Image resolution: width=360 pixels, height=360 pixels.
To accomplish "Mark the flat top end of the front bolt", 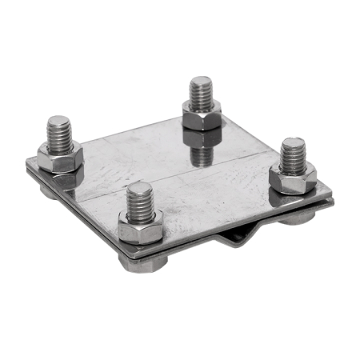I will [x=140, y=187].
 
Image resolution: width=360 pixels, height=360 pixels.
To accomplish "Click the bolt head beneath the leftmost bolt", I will [x=48, y=188].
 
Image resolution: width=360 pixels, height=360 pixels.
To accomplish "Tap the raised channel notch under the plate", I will [x=240, y=238].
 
